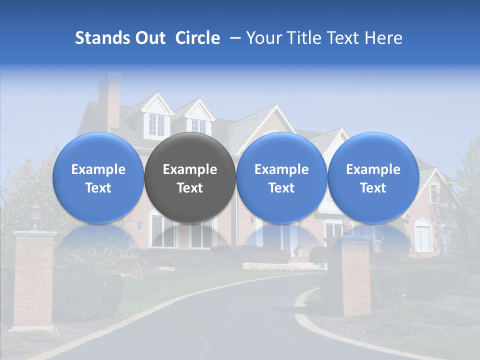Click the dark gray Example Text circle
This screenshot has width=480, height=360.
click(190, 177)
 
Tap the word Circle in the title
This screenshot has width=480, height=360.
click(197, 38)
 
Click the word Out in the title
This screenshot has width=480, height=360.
click(149, 38)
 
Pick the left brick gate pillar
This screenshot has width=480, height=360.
click(34, 280)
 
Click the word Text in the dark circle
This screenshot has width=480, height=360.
click(190, 188)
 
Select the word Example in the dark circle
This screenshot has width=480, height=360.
click(190, 169)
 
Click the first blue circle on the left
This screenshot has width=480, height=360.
click(98, 177)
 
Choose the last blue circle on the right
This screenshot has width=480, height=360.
click(373, 177)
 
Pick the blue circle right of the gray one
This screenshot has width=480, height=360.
click(281, 177)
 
